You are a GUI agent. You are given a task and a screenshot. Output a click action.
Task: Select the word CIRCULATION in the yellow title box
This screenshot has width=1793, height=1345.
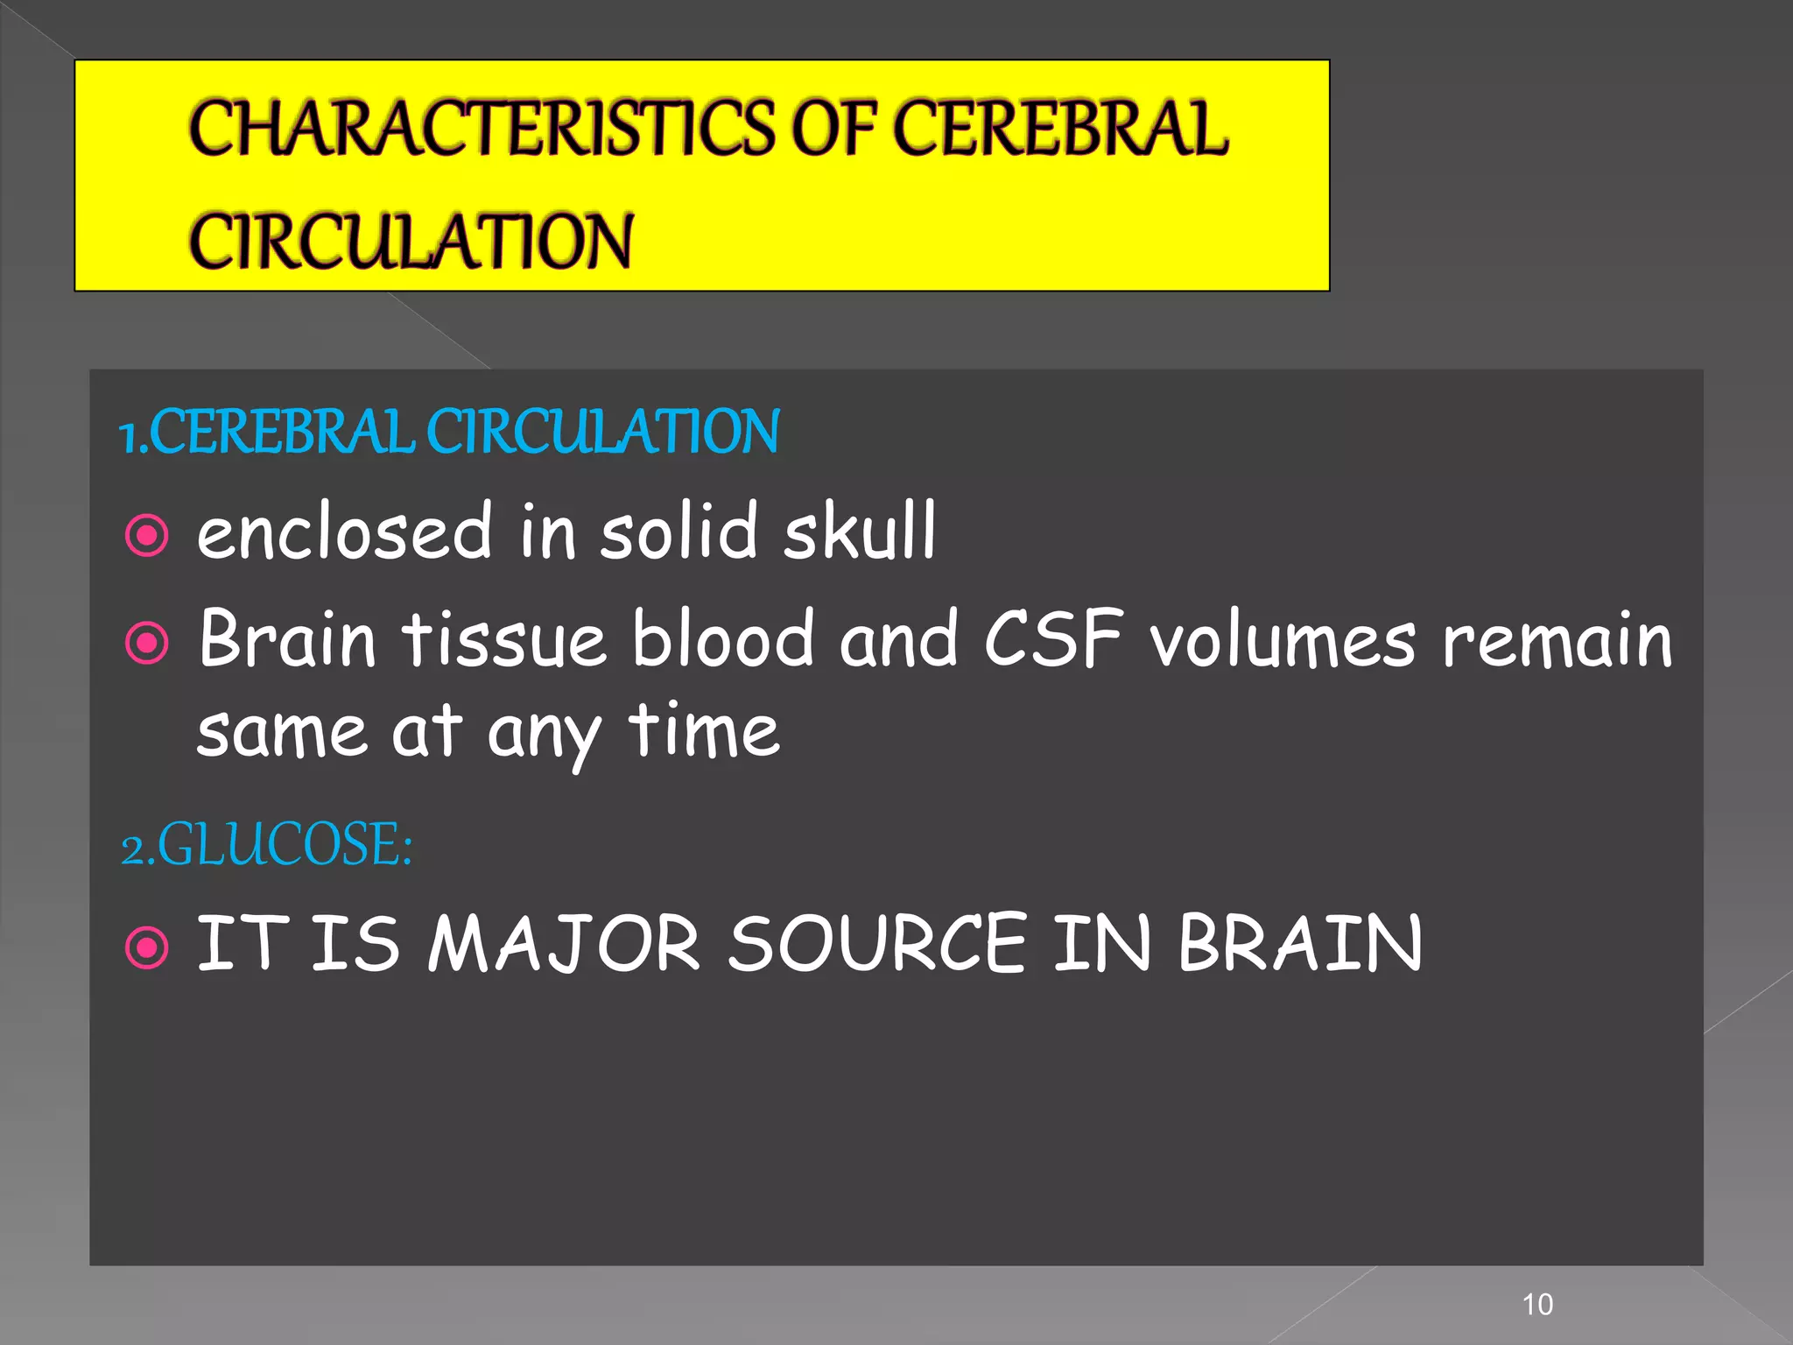[x=411, y=241]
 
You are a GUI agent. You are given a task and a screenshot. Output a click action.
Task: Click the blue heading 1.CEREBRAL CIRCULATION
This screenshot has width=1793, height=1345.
[x=449, y=432]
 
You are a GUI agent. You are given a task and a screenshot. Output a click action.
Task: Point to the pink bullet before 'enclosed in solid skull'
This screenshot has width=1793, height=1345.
[x=146, y=535]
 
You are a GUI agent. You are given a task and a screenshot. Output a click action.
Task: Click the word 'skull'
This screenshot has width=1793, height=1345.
[x=860, y=531]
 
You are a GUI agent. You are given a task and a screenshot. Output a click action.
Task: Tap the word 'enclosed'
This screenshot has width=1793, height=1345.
[x=345, y=531]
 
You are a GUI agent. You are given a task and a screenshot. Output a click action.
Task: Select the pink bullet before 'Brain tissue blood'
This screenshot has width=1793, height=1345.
[x=146, y=644]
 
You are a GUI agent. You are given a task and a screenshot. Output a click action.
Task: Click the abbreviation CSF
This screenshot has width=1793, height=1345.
[x=1053, y=638]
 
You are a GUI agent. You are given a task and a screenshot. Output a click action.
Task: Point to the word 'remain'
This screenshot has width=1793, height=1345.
[x=1557, y=640]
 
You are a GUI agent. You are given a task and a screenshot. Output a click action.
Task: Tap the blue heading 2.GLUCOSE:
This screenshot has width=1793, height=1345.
[x=267, y=845]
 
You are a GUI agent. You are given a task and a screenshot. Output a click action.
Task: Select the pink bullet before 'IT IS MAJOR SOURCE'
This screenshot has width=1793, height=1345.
[x=146, y=947]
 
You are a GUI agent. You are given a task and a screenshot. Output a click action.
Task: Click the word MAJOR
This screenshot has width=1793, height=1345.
[x=564, y=943]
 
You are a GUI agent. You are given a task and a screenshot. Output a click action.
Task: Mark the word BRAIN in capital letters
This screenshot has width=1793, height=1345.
[x=1300, y=943]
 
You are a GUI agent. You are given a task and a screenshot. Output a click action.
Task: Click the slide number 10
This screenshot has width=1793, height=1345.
[x=1537, y=1304]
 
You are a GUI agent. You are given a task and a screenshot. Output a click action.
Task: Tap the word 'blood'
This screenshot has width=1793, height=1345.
[x=724, y=638]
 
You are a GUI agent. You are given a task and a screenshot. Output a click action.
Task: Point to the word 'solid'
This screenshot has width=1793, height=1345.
[x=679, y=531]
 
